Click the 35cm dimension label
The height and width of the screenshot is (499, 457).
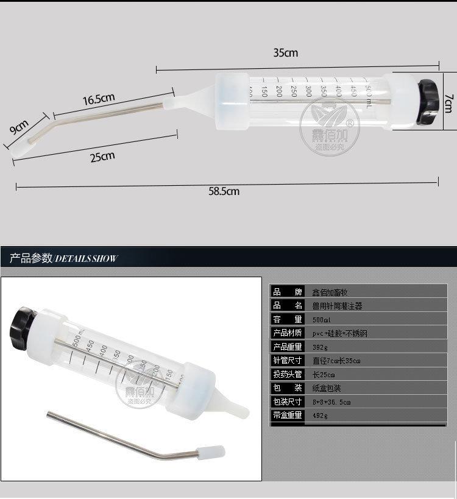(285, 52)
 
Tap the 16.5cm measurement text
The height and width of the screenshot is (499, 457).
(99, 98)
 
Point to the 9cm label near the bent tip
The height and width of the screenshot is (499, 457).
(19, 128)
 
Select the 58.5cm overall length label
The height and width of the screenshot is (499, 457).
(224, 191)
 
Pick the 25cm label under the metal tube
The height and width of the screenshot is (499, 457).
(102, 157)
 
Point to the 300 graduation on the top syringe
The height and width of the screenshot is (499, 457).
(308, 90)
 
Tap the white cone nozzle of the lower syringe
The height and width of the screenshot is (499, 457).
(235, 405)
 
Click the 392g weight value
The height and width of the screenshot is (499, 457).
(319, 347)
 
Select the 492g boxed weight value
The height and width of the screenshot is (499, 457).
(319, 416)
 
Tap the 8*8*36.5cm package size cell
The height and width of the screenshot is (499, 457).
(331, 402)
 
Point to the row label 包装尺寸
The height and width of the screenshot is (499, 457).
(287, 402)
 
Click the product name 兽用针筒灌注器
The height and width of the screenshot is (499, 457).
(337, 306)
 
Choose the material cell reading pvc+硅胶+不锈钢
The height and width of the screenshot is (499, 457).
(339, 333)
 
